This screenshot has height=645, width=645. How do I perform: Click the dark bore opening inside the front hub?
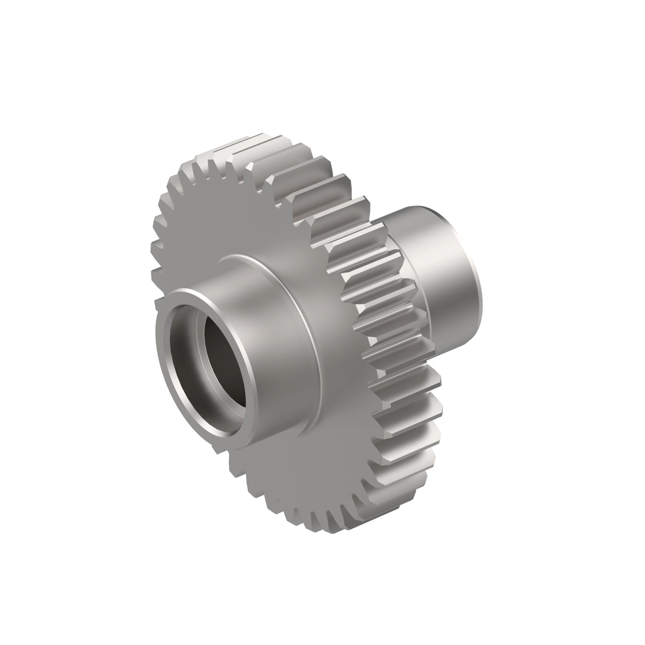(x=225, y=361)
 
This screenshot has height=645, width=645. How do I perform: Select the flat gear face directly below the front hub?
(x=301, y=467)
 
